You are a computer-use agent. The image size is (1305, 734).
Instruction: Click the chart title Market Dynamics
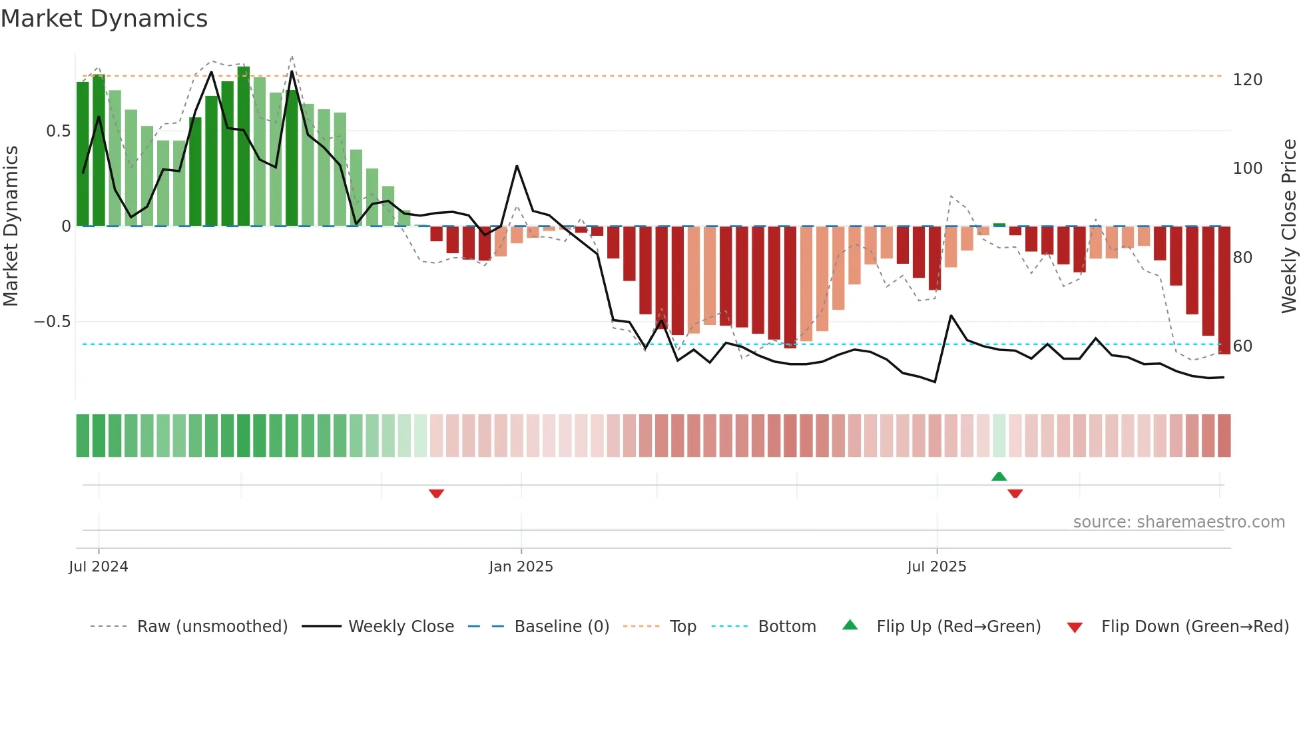[x=104, y=19]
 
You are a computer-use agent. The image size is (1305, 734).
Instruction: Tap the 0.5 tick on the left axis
[x=58, y=131]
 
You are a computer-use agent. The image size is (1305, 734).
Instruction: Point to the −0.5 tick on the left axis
[x=52, y=322]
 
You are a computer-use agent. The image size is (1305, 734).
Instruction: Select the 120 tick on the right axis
[x=1247, y=80]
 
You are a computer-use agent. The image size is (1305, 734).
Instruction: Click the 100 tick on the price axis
[x=1247, y=169]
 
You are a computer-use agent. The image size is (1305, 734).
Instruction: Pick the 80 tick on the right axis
[x=1242, y=257]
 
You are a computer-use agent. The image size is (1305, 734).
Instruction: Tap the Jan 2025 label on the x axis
[x=521, y=567]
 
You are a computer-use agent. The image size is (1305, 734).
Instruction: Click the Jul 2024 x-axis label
[x=99, y=567]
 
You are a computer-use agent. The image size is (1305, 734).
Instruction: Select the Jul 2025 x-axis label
[x=936, y=567]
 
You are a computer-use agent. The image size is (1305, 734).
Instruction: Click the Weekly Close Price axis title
[x=1289, y=226]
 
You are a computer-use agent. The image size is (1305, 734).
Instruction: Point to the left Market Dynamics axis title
[x=11, y=226]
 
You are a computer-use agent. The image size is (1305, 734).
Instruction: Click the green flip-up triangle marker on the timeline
[x=999, y=476]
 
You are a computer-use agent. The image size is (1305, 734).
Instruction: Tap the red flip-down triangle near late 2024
[x=436, y=494]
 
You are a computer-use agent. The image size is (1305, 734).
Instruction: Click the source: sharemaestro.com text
[x=1178, y=522]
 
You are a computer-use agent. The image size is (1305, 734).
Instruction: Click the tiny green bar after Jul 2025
[x=999, y=225]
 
